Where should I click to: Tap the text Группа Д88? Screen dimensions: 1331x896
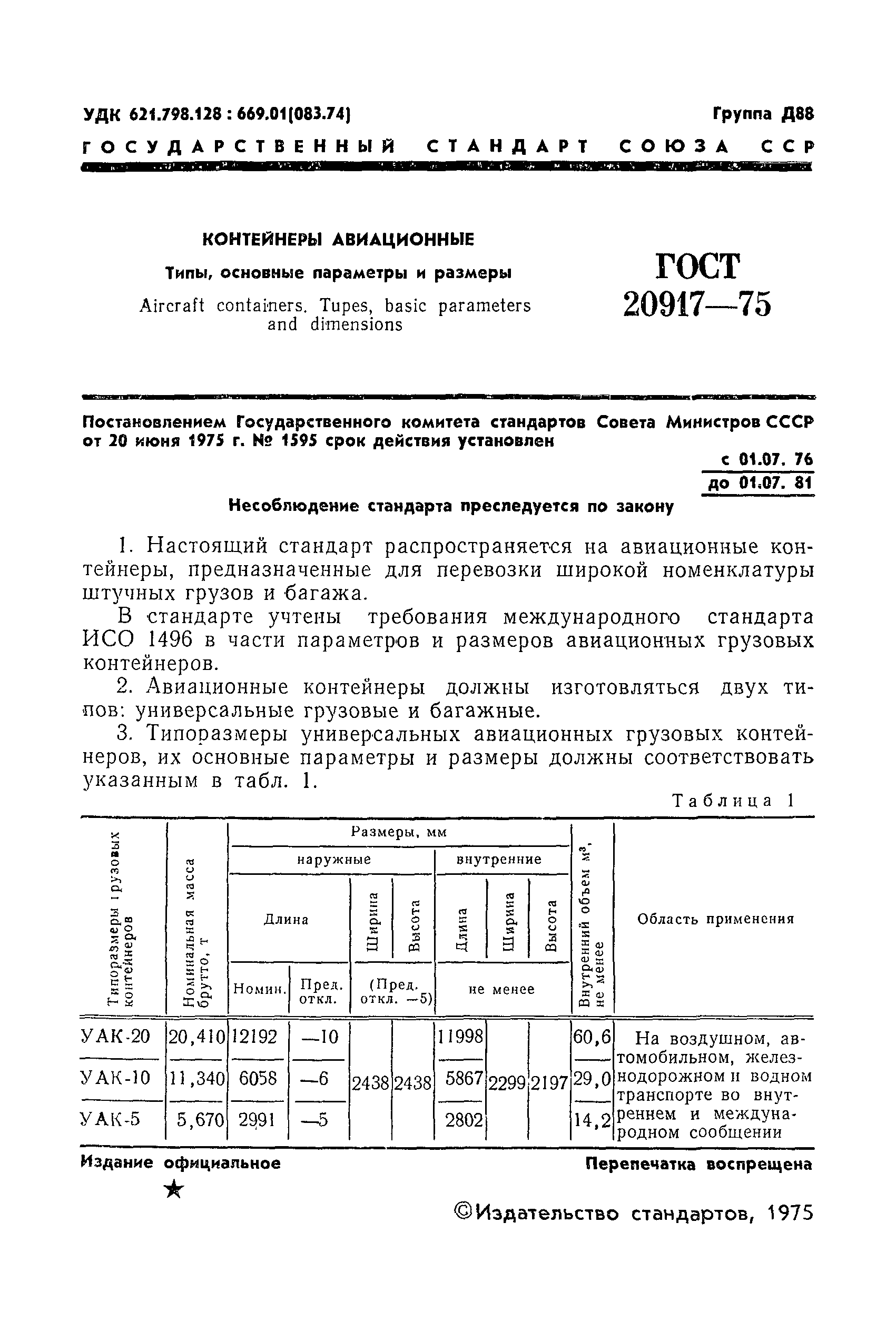coord(763,114)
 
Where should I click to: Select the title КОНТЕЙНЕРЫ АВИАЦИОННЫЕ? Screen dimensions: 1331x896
coord(338,239)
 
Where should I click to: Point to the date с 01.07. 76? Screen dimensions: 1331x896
coord(766,459)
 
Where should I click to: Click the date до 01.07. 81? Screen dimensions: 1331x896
coord(760,484)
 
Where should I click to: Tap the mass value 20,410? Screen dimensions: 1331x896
coord(196,1036)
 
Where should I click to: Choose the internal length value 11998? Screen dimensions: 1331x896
coord(460,1036)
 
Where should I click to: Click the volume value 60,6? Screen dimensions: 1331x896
coord(593,1036)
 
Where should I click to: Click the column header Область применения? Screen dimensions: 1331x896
coord(715,919)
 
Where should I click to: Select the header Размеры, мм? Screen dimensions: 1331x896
coord(399,832)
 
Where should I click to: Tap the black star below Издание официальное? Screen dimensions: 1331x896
coord(174,1190)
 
